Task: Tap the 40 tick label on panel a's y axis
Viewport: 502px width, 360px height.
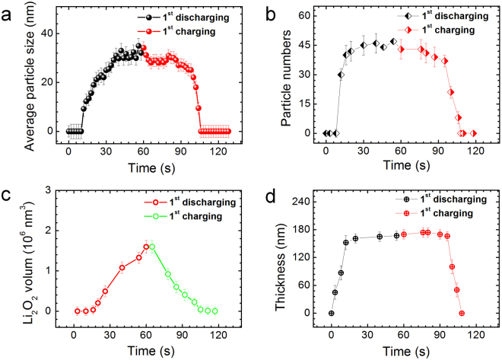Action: pyautogui.click(x=49, y=33)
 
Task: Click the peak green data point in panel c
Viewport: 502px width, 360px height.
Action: pyautogui.click(x=152, y=247)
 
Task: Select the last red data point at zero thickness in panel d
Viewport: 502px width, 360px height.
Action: pyautogui.click(x=462, y=313)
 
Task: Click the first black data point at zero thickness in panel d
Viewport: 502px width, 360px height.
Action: pyautogui.click(x=331, y=313)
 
